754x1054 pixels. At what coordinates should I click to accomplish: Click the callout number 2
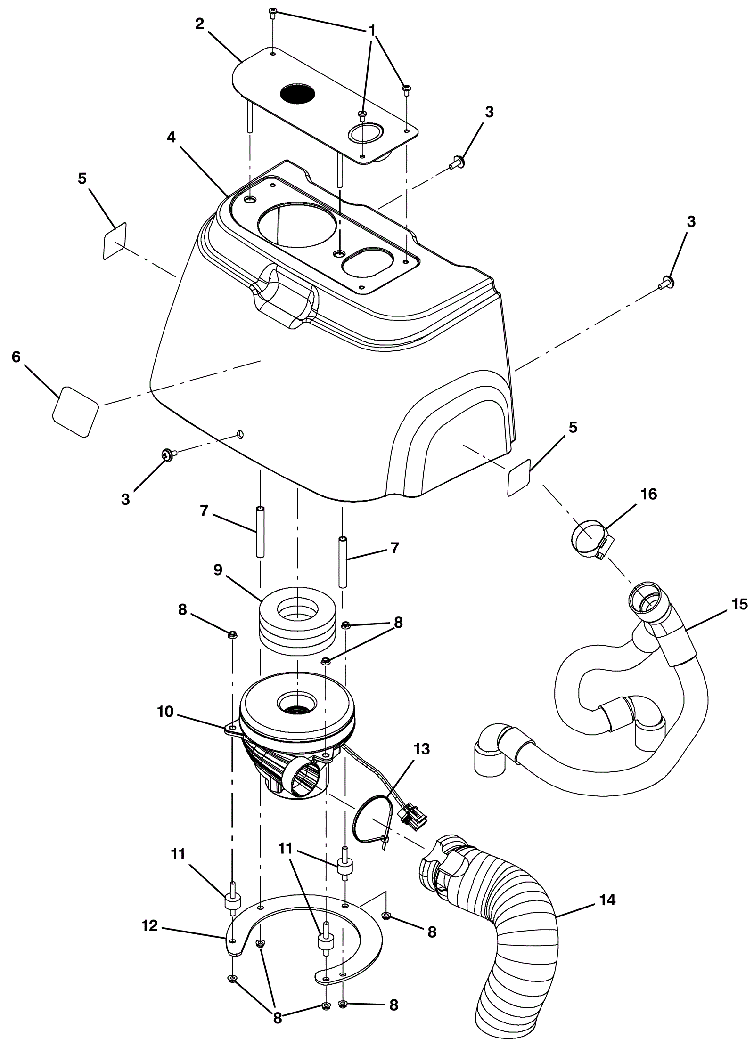[200, 25]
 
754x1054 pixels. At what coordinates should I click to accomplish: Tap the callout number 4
[171, 138]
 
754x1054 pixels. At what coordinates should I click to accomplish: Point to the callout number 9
[218, 570]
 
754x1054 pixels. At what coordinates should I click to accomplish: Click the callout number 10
[165, 712]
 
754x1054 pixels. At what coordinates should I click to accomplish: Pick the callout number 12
[150, 925]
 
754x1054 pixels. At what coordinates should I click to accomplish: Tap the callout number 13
[422, 749]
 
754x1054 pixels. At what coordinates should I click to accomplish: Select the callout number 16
[648, 494]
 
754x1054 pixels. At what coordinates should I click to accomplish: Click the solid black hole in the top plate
[297, 93]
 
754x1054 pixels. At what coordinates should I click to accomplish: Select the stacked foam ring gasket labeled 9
[297, 621]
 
